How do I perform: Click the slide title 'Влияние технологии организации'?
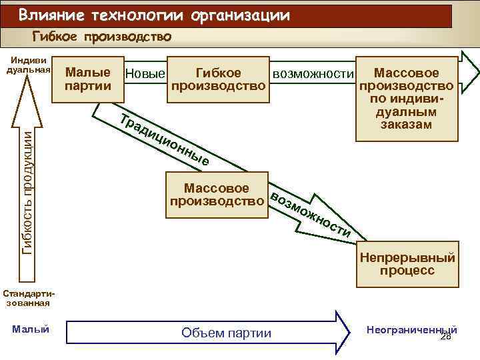(154, 15)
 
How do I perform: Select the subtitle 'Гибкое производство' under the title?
(102, 37)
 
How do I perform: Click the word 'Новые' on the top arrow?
(145, 73)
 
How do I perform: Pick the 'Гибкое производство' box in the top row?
(218, 79)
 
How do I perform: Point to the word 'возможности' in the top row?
(312, 72)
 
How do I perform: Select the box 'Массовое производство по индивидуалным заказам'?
(407, 98)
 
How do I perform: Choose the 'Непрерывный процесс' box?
(407, 264)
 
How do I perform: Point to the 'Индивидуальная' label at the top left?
(28, 66)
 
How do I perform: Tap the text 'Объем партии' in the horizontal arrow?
(227, 333)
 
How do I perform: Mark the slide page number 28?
(446, 338)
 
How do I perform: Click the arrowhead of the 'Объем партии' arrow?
(343, 331)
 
